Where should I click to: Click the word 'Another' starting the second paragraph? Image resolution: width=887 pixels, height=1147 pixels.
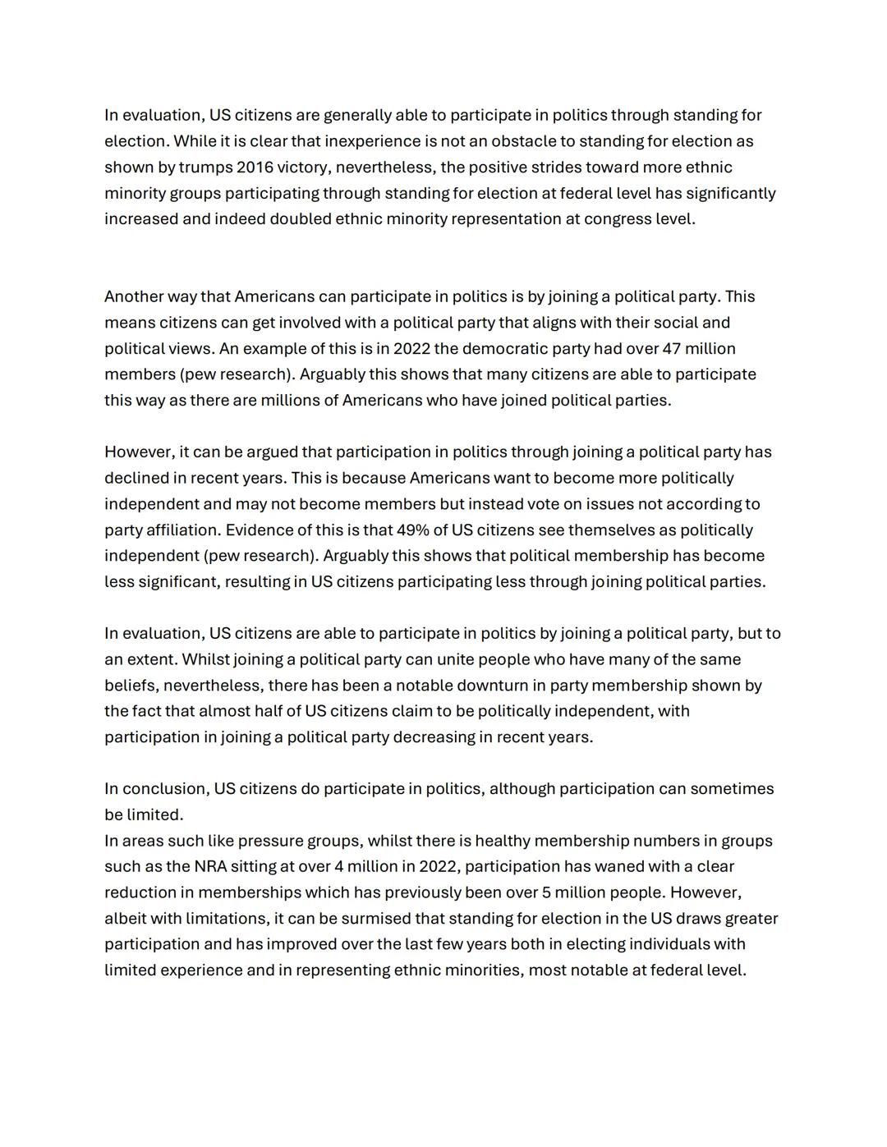[x=134, y=296]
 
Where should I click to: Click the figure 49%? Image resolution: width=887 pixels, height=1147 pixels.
[x=414, y=530]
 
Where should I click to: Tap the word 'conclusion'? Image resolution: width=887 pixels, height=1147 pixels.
[x=164, y=789]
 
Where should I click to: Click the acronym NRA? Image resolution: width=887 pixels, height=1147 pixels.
[x=211, y=867]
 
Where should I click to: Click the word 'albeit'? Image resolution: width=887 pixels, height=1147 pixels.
[x=126, y=919]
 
